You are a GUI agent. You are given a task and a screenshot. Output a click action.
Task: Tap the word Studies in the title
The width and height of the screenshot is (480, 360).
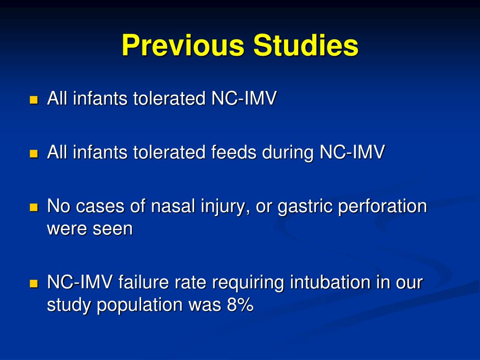click(306, 46)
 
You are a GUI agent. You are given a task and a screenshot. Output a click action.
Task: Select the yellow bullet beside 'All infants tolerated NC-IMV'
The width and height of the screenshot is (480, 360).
click(33, 100)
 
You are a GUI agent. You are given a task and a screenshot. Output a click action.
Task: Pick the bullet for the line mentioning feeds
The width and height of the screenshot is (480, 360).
click(33, 154)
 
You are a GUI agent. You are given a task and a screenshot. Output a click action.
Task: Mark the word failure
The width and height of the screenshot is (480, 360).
click(139, 283)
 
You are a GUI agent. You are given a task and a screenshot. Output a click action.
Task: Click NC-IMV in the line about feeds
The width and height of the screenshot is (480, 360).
click(352, 153)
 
